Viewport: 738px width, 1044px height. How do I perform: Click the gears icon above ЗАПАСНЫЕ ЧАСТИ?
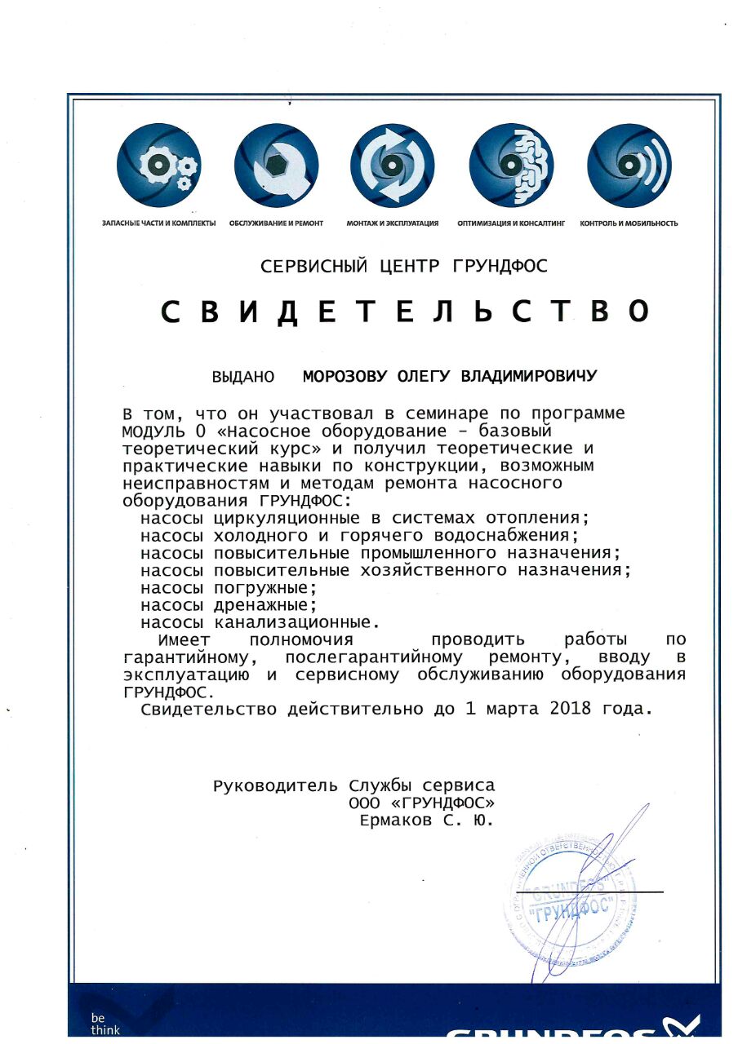(x=158, y=166)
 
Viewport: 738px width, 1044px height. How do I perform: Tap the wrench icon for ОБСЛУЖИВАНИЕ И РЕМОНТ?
(x=276, y=166)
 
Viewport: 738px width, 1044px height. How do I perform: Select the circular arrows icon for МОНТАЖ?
(x=393, y=166)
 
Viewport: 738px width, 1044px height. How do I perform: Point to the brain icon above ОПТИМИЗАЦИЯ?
(x=511, y=166)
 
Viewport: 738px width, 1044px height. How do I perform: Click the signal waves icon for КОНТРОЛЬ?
(x=629, y=166)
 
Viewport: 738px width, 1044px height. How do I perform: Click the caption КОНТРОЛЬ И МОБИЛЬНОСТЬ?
(x=629, y=223)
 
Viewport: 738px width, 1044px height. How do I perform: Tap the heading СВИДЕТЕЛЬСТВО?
(x=406, y=311)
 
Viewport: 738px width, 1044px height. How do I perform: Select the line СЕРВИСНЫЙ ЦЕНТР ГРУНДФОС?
(x=404, y=266)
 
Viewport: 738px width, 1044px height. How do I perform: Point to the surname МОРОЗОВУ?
(x=347, y=377)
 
